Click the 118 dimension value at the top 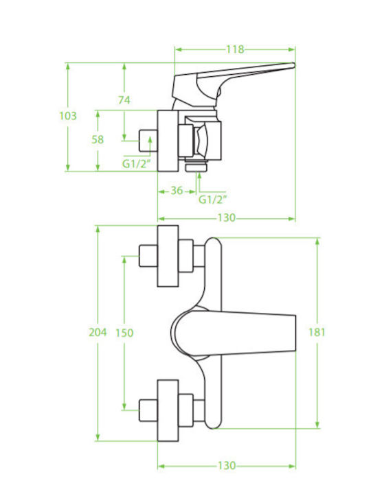pyautogui.click(x=235, y=49)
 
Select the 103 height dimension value pyautogui.click(x=68, y=116)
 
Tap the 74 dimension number pyautogui.click(x=124, y=100)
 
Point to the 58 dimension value pyautogui.click(x=98, y=139)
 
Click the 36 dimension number pyautogui.click(x=177, y=190)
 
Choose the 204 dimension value pyautogui.click(x=98, y=332)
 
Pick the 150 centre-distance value pyautogui.click(x=124, y=333)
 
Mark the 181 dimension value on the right pyautogui.click(x=317, y=332)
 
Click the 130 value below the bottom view pyautogui.click(x=227, y=465)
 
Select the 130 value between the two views pyautogui.click(x=227, y=217)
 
